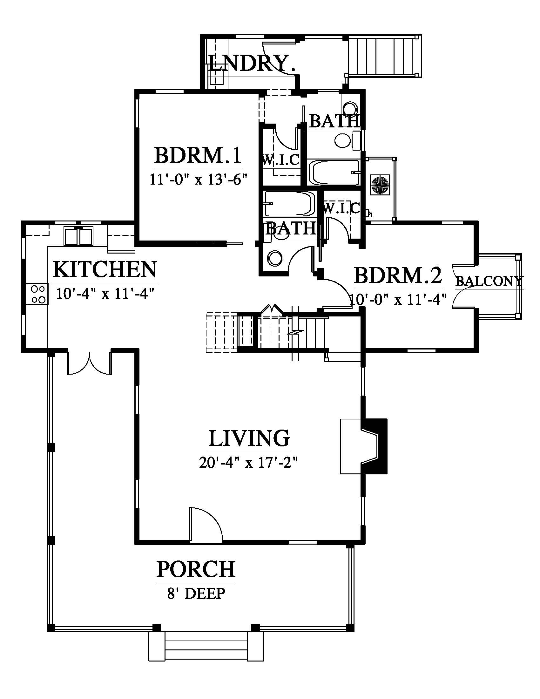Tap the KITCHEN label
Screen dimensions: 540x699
point(105,269)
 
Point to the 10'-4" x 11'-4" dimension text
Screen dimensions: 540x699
point(105,293)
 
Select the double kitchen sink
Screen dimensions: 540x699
point(78,236)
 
